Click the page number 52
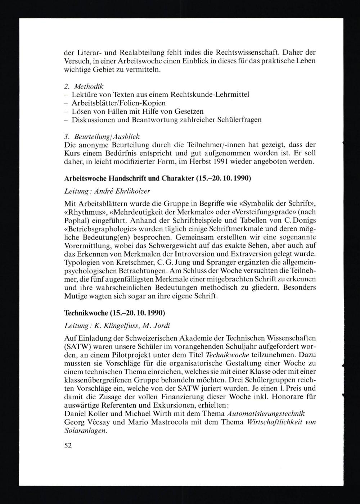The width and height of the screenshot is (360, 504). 68,445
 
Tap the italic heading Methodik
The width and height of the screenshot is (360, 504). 89,86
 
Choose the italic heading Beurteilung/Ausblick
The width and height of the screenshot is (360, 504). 107,137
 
